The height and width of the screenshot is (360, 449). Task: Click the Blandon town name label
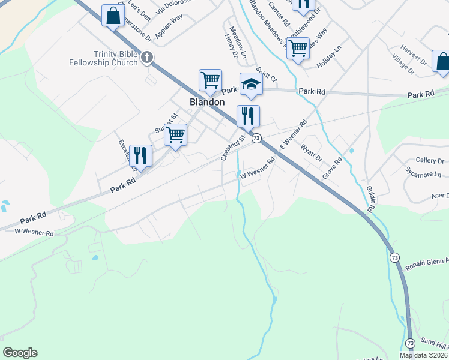click(207, 102)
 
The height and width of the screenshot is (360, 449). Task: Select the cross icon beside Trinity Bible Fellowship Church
click(147, 58)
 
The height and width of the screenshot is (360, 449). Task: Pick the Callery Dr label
click(430, 161)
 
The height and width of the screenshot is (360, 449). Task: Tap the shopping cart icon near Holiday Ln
click(298, 48)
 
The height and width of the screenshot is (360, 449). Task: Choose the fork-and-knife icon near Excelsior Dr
click(140, 155)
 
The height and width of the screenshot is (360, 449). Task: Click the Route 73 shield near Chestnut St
click(256, 138)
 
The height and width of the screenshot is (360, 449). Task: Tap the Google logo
click(20, 353)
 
